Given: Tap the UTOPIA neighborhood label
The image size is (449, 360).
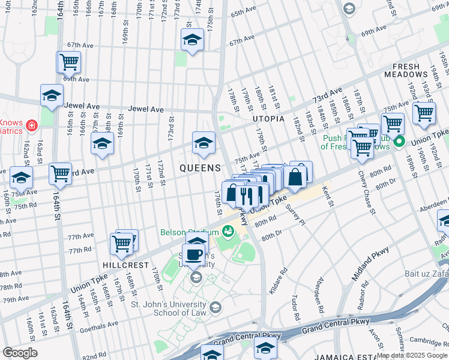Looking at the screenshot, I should pos(268,119).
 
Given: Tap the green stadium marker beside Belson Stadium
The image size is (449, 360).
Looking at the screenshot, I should pos(228,231).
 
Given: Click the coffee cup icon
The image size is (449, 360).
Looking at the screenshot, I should pos(194,254).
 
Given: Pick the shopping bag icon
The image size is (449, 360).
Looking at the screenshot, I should pos(296,177).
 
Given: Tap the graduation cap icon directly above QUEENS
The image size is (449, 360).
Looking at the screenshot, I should pos(203,142).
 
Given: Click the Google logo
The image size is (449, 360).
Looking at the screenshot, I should pos(20,353).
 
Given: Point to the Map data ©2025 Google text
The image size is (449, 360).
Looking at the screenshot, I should pos(411,355).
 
